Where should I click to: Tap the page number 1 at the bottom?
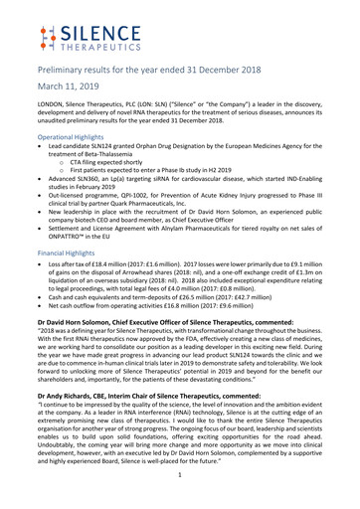pos(180,488)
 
